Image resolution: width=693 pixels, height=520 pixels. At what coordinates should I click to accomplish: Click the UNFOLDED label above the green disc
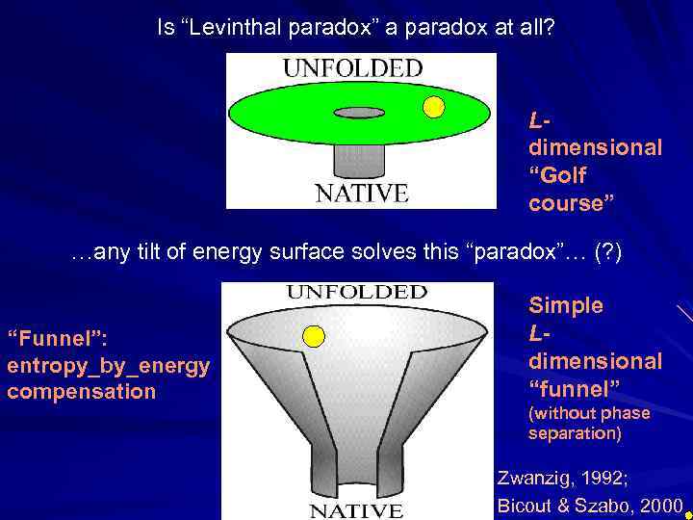pos(352,68)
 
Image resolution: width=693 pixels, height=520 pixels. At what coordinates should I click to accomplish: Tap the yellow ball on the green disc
pos(434,107)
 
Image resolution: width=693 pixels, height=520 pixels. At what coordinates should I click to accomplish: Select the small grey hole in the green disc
pos(358,113)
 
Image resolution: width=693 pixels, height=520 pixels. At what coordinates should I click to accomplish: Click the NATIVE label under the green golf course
pos(362,193)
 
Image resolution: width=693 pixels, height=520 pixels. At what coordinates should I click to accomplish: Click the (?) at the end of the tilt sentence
pos(608,253)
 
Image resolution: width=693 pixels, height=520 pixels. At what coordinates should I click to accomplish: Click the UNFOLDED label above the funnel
pos(357,291)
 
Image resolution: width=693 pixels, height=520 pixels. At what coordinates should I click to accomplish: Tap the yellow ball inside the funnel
pos(313,335)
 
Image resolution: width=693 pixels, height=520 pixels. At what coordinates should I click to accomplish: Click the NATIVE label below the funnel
pos(356,509)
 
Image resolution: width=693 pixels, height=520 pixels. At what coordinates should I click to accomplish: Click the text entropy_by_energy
pos(108,367)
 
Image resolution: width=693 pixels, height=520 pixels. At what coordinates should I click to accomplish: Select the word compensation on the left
pos(81,392)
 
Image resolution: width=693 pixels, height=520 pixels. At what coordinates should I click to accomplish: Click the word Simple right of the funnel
pos(566,305)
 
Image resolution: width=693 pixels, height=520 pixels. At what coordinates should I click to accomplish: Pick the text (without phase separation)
pos(589,423)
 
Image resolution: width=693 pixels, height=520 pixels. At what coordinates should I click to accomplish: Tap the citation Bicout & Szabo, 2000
pos(589,505)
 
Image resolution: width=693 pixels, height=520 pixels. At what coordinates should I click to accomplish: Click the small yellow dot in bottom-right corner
pos(687,515)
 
